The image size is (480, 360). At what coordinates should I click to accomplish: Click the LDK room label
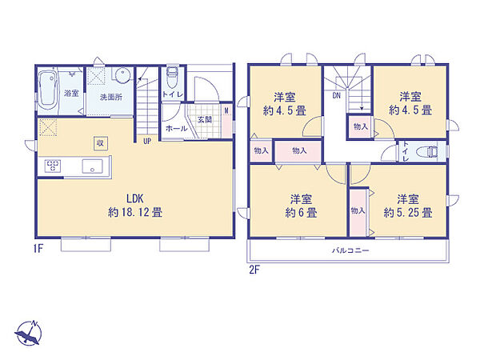click(135, 198)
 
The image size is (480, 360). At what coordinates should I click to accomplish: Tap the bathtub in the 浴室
click(48, 90)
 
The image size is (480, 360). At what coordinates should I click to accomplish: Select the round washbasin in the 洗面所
click(122, 74)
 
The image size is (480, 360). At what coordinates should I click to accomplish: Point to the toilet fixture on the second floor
click(430, 151)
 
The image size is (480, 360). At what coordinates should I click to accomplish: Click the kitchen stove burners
click(53, 166)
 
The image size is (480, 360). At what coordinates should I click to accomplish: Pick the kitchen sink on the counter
click(93, 166)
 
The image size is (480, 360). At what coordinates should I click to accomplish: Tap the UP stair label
click(147, 141)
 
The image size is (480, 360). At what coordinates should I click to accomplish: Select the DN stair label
click(337, 95)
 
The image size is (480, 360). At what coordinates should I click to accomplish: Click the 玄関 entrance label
click(204, 119)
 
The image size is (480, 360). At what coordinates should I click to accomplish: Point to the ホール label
click(177, 128)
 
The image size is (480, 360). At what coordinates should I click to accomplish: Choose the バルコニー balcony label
click(350, 250)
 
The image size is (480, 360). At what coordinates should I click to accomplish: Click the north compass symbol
click(28, 334)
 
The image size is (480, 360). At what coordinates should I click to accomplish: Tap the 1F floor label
click(38, 249)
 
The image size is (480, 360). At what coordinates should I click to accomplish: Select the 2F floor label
click(254, 270)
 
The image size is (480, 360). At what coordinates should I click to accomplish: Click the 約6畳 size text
click(302, 213)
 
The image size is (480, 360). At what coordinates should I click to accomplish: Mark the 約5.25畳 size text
click(408, 213)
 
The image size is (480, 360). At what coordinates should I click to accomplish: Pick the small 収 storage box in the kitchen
click(101, 143)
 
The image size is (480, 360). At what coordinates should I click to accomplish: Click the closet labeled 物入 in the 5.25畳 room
click(358, 212)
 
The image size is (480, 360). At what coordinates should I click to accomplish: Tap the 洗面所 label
click(111, 98)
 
